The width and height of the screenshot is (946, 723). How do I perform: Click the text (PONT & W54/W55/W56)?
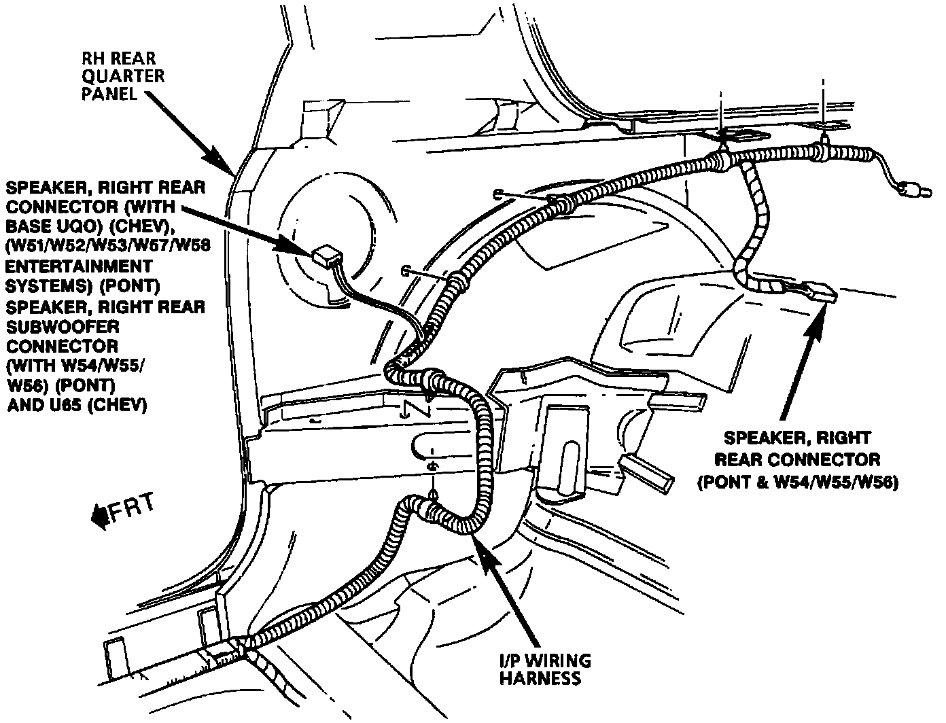pos(797,482)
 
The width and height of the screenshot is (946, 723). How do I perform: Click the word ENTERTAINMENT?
pos(79,266)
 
